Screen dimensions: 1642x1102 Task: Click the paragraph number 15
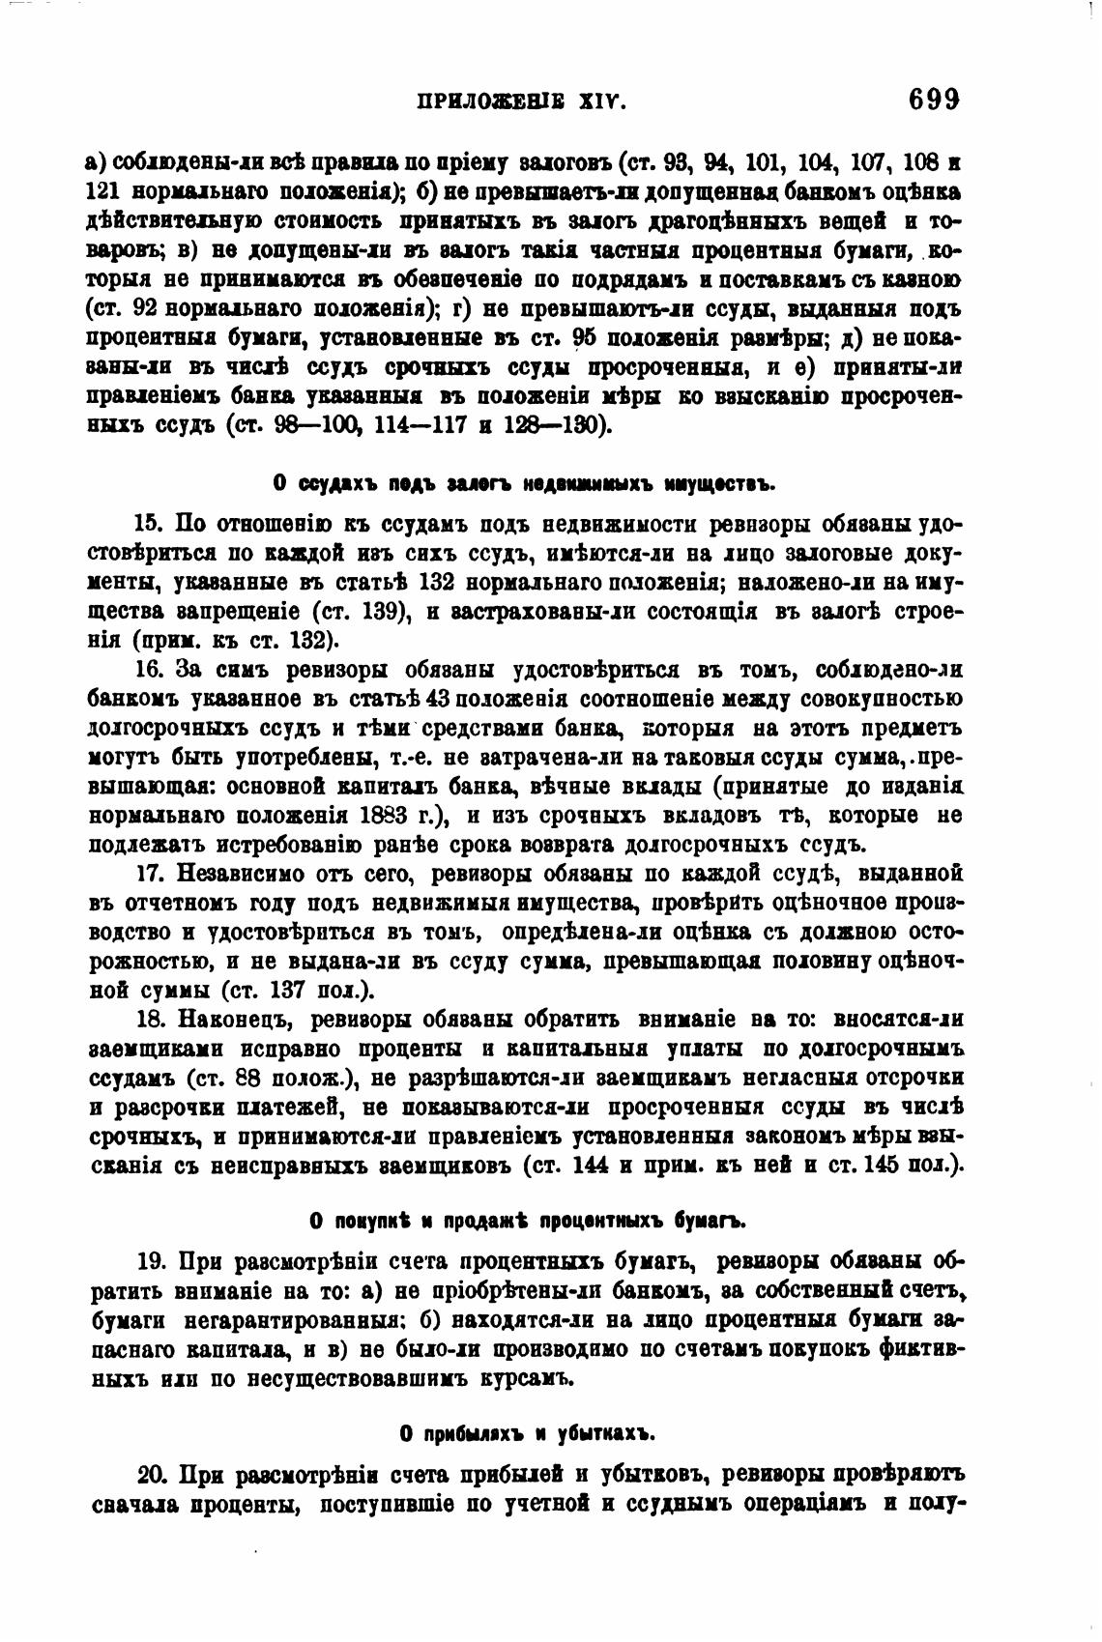148,525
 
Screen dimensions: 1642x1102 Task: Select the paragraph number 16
148,670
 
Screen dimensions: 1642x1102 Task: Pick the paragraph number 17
148,873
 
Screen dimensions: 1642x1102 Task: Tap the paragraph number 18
148,1019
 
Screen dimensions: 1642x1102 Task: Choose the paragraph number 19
153,1261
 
